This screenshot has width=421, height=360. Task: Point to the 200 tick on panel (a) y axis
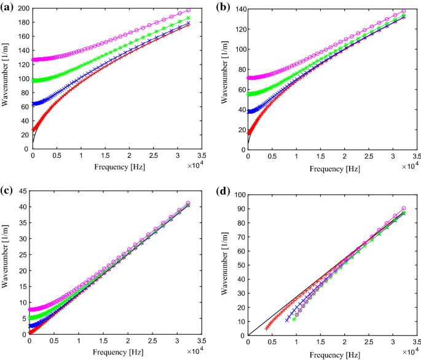(23, 9)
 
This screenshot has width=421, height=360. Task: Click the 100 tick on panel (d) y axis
(238, 195)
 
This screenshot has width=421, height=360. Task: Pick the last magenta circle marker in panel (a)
(188, 10)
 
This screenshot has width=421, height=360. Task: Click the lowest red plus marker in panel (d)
(267, 328)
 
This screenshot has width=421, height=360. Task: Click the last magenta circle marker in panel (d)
(403, 208)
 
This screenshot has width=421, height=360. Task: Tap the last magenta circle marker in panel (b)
(403, 11)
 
